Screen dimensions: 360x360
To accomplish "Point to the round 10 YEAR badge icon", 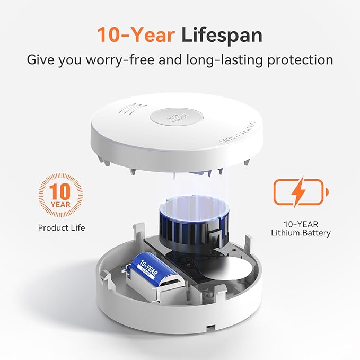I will [x=61, y=194].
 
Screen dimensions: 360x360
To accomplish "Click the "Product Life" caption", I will [x=61, y=227].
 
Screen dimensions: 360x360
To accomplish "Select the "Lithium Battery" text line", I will [x=301, y=233].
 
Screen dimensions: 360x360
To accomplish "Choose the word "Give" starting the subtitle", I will [x=44, y=59].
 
